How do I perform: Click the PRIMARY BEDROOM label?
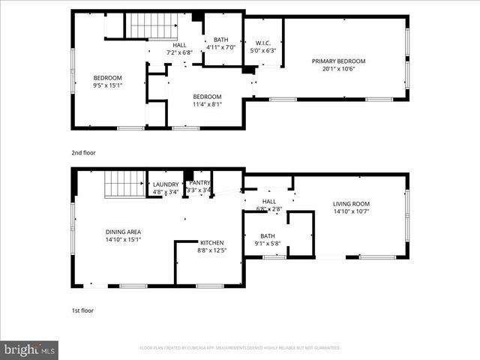[x=339, y=61]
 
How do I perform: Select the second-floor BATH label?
[x=220, y=40]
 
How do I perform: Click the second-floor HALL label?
[x=179, y=44]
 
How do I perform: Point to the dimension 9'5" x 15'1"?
[x=107, y=85]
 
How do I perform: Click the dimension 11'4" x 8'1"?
[x=207, y=104]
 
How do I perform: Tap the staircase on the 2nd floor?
[x=148, y=25]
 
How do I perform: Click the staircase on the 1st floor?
[x=123, y=182]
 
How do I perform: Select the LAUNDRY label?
[x=166, y=184]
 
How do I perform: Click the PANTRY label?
[x=199, y=182]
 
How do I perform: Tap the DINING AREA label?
[x=123, y=232]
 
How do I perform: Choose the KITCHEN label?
[x=212, y=243]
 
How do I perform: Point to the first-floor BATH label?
[x=267, y=235]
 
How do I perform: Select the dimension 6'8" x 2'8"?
[x=267, y=209]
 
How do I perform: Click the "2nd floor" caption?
[x=83, y=152]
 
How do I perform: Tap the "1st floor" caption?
[x=82, y=310]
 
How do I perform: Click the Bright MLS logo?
[x=30, y=349]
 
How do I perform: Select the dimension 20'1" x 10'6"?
[x=339, y=69]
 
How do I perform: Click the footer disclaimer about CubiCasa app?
[x=239, y=348]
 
